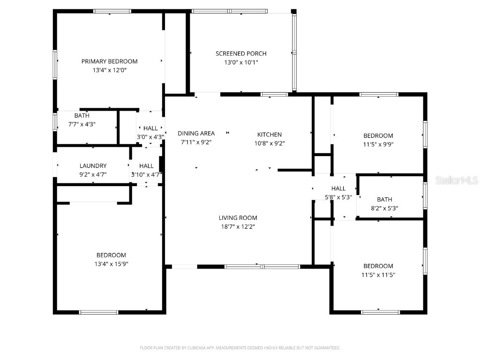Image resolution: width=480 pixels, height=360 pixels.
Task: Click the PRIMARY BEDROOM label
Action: [109, 61]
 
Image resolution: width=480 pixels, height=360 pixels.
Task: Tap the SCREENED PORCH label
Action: [241, 53]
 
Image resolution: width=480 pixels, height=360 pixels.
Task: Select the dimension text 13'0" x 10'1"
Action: [241, 62]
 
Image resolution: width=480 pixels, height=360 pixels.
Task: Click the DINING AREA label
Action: [196, 134]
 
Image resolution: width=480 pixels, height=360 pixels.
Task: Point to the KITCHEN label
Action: [270, 135]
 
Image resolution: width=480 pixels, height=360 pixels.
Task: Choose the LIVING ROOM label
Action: [238, 218]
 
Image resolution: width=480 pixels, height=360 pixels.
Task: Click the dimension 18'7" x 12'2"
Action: [238, 227]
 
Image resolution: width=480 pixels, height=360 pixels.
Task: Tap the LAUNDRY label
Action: [93, 166]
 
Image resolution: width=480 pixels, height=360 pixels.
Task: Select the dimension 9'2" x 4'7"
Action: [93, 175]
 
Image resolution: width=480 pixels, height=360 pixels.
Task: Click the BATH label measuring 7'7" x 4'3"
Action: [82, 116]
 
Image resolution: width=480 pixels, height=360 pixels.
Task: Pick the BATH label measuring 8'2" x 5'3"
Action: [384, 200]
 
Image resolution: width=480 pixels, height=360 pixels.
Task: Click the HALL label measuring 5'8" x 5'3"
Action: [338, 188]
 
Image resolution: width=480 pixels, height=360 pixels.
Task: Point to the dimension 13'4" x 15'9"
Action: [111, 264]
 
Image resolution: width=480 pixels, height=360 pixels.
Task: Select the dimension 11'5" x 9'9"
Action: [378, 145]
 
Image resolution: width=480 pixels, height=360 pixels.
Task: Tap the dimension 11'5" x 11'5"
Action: [378, 275]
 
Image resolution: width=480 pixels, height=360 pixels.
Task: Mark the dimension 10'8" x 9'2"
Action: [270, 143]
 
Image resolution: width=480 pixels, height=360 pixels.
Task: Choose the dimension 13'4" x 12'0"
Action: [109, 70]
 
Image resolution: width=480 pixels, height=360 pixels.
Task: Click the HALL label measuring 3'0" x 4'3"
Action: [150, 128]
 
